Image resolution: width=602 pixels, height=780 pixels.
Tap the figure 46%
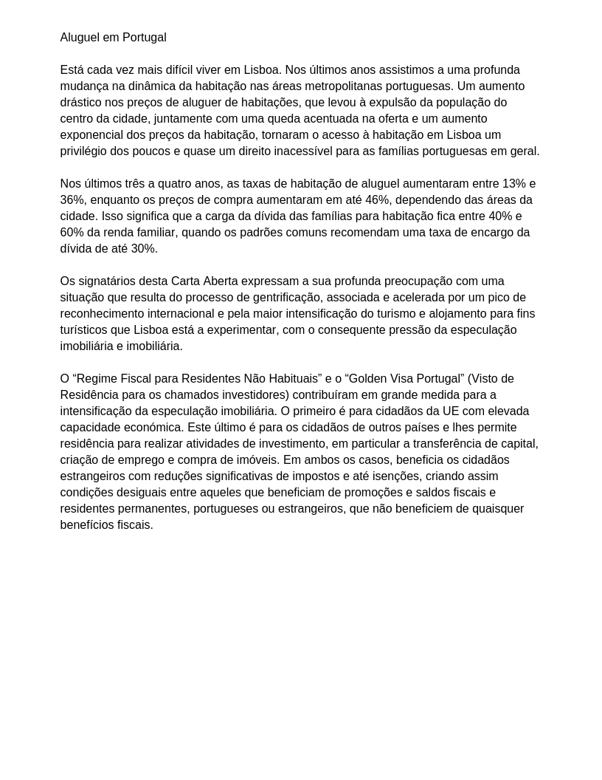[377, 200]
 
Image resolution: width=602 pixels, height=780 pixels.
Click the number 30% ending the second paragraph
[144, 249]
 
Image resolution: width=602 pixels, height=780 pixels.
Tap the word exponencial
[92, 135]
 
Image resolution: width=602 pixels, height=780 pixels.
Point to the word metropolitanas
[339, 86]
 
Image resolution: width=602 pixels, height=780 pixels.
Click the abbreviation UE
[451, 411]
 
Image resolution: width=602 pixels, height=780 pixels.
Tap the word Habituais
[295, 379]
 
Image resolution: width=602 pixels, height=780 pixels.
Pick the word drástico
[81, 103]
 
